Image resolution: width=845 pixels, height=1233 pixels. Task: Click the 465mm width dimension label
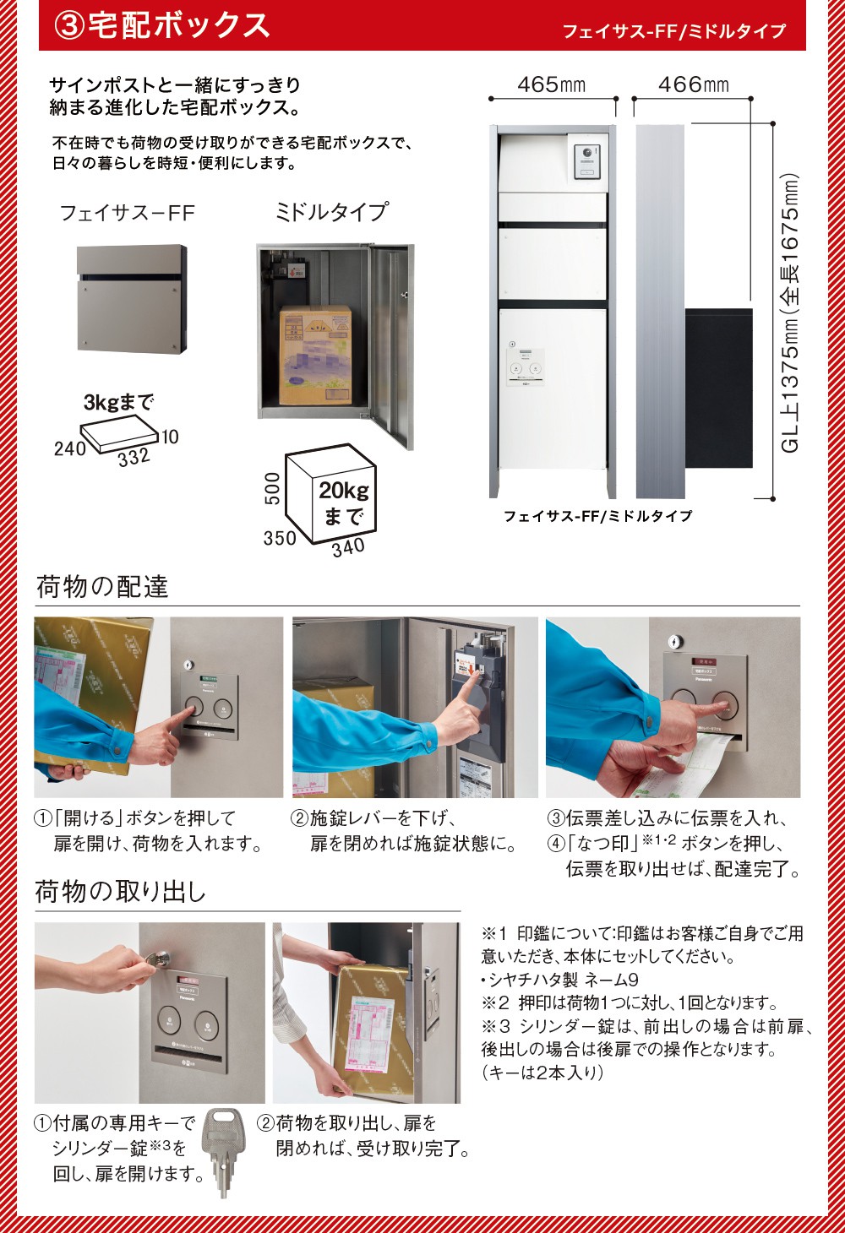pos(552,84)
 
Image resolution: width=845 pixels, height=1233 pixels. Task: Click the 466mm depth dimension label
pos(694,84)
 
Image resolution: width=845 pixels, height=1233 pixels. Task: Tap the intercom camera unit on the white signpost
pos(587,162)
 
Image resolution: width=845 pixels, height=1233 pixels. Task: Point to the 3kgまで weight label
pos(118,402)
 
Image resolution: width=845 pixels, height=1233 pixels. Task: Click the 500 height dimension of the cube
pos(273,488)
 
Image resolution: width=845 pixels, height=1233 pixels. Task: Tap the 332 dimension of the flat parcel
pos(134,457)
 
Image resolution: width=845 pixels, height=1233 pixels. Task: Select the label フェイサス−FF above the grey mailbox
pos(128,213)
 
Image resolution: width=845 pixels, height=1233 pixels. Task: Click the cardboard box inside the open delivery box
pos(315,355)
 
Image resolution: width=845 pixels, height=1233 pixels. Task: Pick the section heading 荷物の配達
pos(102,587)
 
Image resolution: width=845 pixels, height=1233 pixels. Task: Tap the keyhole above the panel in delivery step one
pos(189,665)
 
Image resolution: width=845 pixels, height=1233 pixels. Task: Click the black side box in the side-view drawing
pos(719,388)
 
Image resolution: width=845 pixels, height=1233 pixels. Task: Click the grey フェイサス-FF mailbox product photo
pos(132,299)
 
